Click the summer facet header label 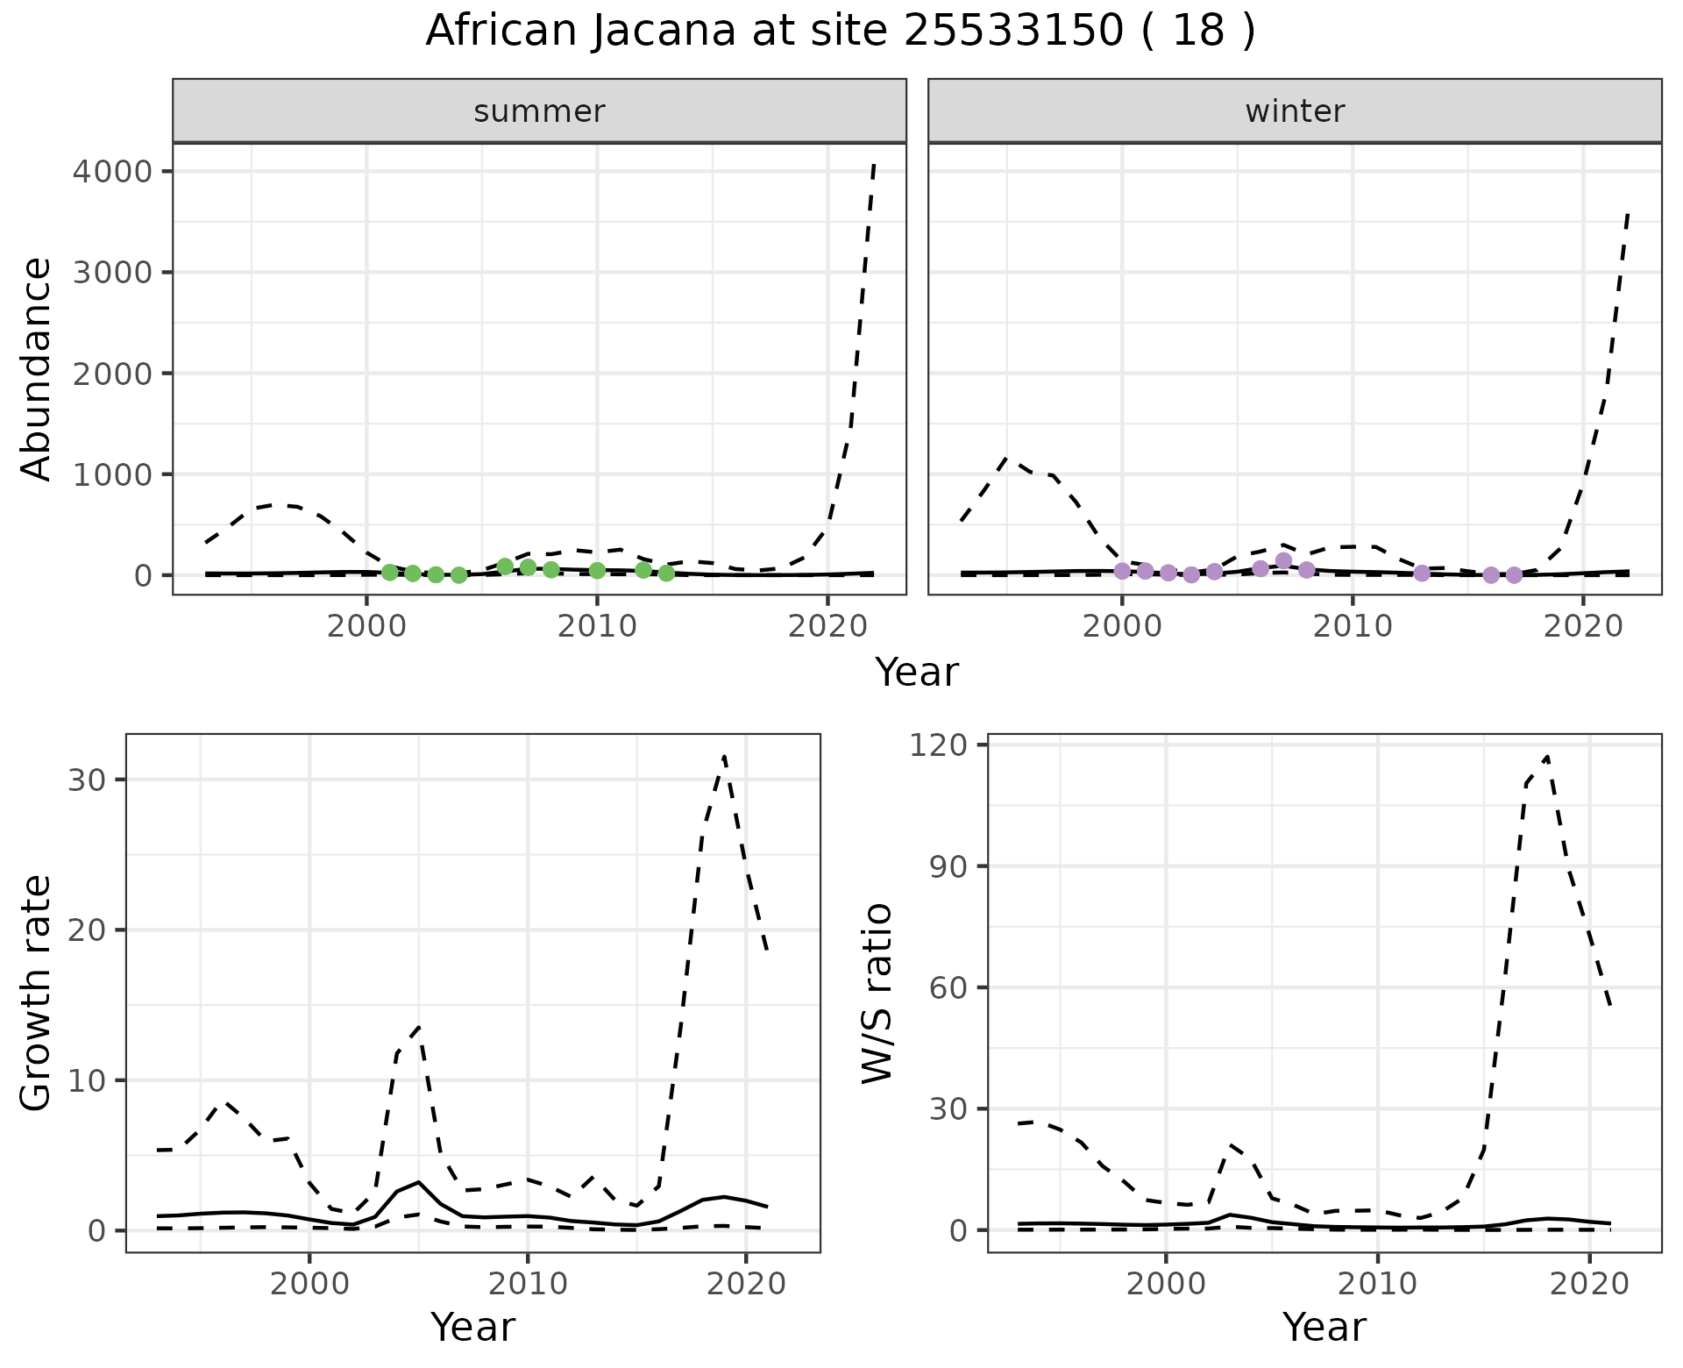(x=539, y=111)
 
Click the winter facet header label (x=1295, y=111)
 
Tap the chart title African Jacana (x=840, y=32)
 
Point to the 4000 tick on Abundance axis (x=115, y=171)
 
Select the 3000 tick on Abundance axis (x=115, y=272)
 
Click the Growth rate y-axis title (x=37, y=993)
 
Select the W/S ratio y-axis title (x=877, y=993)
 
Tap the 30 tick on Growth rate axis (x=86, y=780)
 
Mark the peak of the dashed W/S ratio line (x=1547, y=756)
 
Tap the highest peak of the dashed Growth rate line (x=724, y=755)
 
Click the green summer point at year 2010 (x=597, y=571)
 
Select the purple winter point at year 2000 (x=1122, y=571)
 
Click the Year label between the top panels (x=917, y=673)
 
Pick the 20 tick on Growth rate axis (x=86, y=930)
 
